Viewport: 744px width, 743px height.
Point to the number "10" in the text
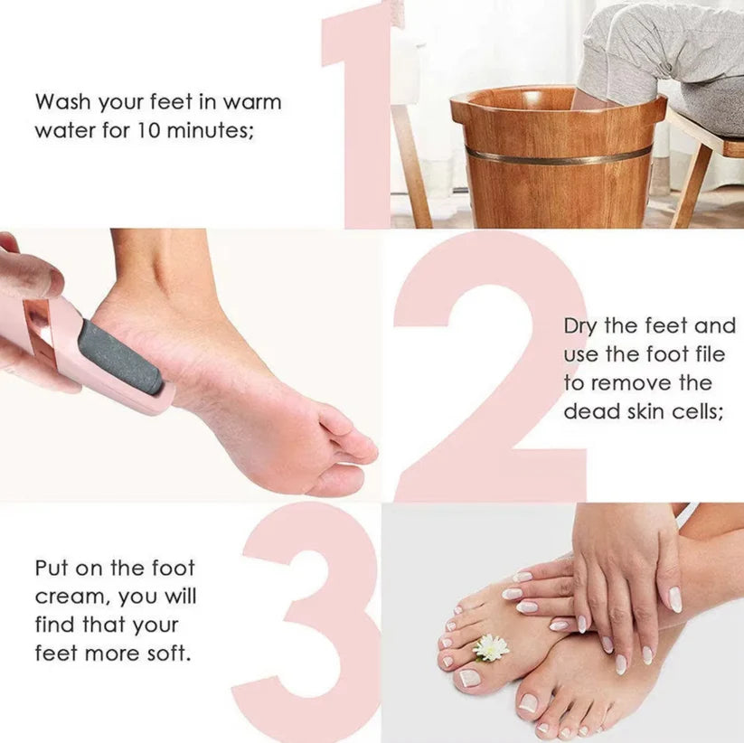point(150,129)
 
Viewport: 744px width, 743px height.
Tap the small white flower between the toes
point(492,647)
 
